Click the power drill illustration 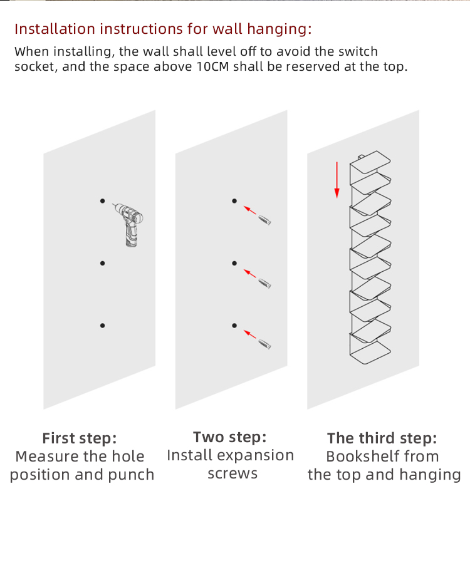click(129, 224)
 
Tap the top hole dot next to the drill click(102, 201)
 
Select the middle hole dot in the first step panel click(102, 263)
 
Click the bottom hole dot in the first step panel click(102, 326)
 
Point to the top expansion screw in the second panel click(264, 220)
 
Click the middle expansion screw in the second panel click(264, 283)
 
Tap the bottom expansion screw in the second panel click(264, 344)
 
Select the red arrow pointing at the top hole click(249, 210)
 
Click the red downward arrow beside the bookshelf click(337, 180)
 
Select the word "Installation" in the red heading click(55, 29)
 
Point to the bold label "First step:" click(80, 438)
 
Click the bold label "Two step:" click(229, 437)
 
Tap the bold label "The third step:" click(382, 438)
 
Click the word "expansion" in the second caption click(256, 456)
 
